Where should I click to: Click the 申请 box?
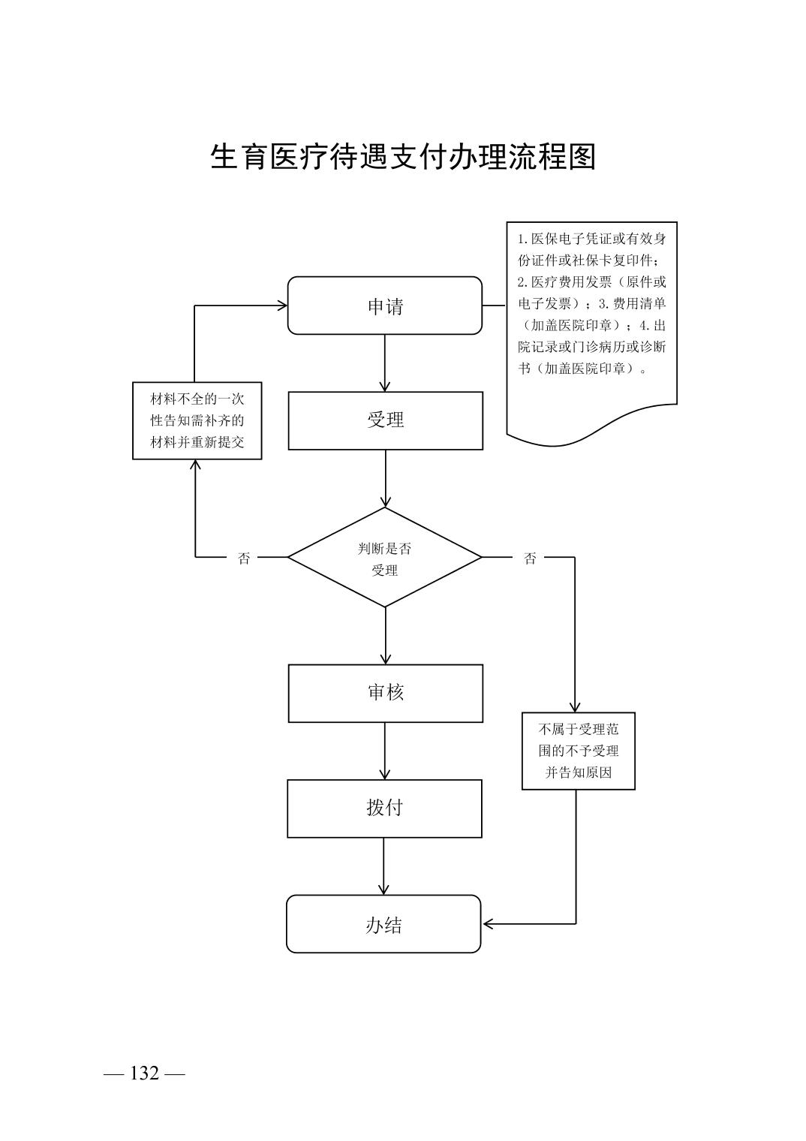click(385, 306)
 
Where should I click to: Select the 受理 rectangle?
click(385, 420)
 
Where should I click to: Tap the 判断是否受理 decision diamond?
click(385, 558)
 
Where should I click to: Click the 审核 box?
click(385, 693)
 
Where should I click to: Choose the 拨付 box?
click(384, 808)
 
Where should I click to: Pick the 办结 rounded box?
click(383, 924)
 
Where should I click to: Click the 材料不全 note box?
click(197, 420)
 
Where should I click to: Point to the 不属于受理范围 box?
click(579, 751)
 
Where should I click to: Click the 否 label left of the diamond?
click(244, 558)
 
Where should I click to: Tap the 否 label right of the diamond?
click(530, 558)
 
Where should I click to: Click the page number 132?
click(144, 1073)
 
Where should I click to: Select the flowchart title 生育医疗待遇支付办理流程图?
click(403, 157)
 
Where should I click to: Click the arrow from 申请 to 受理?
click(385, 363)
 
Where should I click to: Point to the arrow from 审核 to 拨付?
click(385, 751)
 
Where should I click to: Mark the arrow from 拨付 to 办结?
click(384, 866)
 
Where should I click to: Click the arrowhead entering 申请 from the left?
click(283, 306)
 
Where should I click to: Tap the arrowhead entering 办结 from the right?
click(488, 923)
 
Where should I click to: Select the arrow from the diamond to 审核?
click(385, 635)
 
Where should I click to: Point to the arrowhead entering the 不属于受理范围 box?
click(575, 707)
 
